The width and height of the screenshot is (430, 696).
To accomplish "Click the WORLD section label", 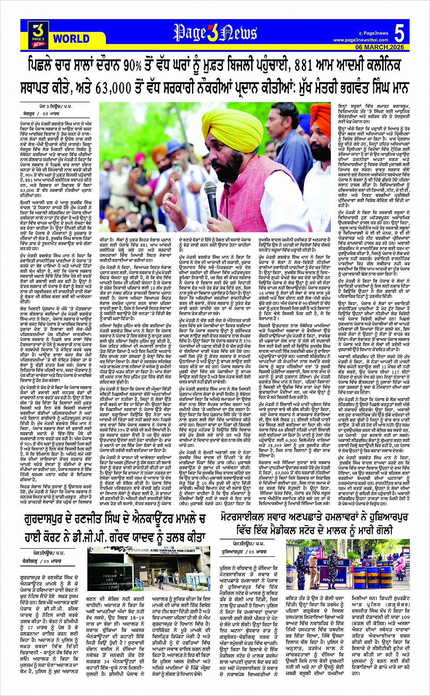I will click(x=71, y=38).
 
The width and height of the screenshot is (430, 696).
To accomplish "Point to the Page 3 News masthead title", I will click(x=215, y=33).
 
